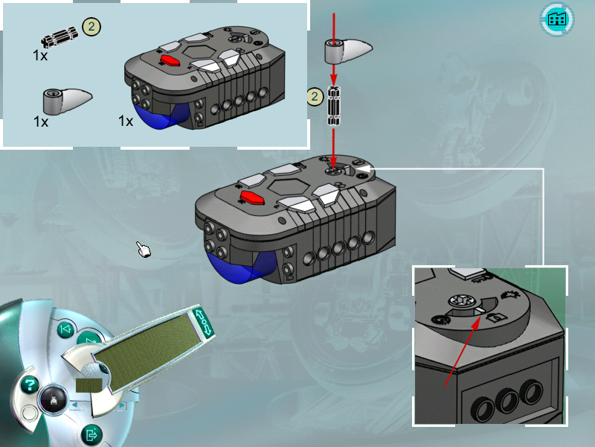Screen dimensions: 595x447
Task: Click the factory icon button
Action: [x=556, y=19]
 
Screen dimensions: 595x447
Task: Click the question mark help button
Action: [x=29, y=385]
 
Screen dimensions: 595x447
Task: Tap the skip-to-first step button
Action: [x=65, y=329]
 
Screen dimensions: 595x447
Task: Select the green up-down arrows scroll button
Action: [x=204, y=322]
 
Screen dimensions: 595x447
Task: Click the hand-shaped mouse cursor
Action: [x=144, y=250]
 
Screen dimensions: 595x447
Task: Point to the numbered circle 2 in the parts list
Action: [x=91, y=27]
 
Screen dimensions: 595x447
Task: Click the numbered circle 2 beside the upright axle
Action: [x=315, y=97]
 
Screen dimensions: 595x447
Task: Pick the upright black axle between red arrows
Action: [x=334, y=106]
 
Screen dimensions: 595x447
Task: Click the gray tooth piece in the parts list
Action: [x=68, y=101]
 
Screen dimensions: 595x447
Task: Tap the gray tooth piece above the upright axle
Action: [x=348, y=51]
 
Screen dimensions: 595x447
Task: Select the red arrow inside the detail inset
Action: [x=462, y=351]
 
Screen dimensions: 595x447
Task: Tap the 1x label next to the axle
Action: [x=40, y=55]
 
